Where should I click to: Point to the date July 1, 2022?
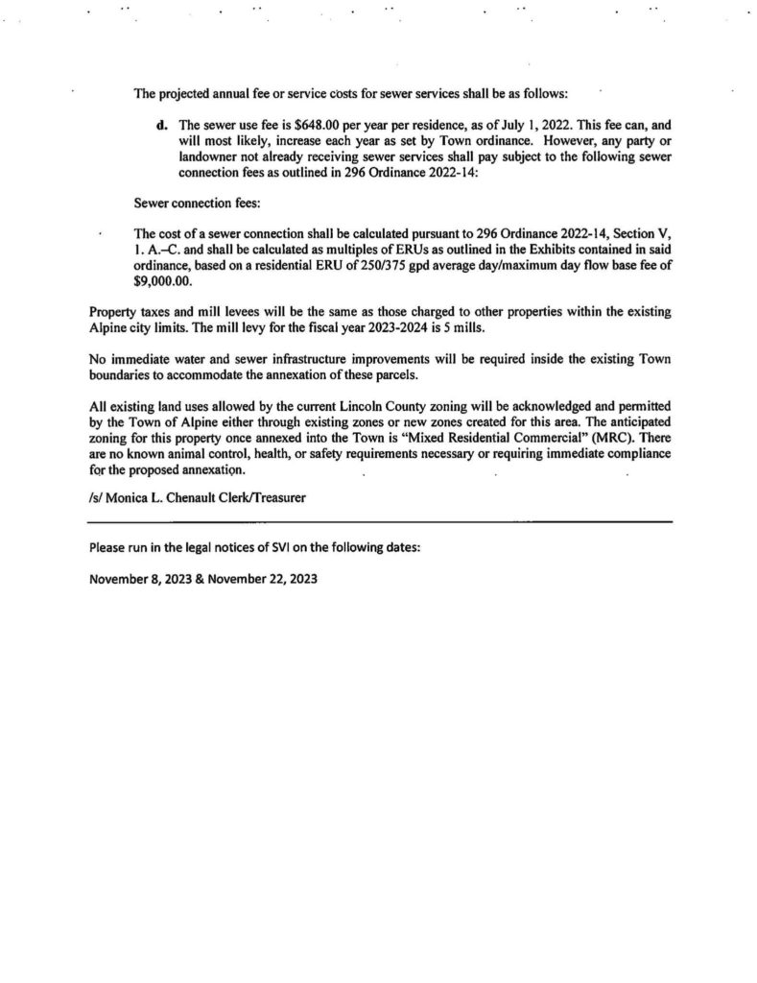click(x=509, y=125)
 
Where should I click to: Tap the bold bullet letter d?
click(x=161, y=125)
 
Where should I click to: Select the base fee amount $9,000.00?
click(x=165, y=283)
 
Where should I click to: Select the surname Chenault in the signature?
click(x=212, y=497)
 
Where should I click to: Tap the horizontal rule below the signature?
click(x=379, y=522)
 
